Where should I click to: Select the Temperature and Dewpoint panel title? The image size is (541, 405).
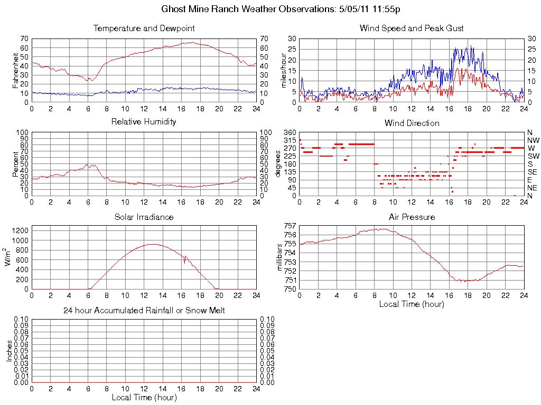point(144,28)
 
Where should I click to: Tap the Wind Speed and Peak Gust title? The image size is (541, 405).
point(412,28)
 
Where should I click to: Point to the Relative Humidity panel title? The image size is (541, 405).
point(144,122)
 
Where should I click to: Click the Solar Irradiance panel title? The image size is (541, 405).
point(144,217)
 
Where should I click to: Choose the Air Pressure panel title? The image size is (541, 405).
point(412,217)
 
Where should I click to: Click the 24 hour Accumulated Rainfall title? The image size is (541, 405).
point(144,311)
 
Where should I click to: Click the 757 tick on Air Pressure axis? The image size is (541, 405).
point(290,226)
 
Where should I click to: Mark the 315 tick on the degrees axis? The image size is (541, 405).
point(288,140)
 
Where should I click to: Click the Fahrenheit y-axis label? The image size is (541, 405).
point(15,70)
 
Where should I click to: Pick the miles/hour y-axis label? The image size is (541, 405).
point(283,70)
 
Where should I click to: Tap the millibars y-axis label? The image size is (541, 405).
point(280,258)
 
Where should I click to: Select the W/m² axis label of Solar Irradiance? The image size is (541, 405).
point(9,258)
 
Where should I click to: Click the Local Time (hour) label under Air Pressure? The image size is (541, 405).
point(412,304)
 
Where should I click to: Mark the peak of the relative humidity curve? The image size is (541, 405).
point(88,165)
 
